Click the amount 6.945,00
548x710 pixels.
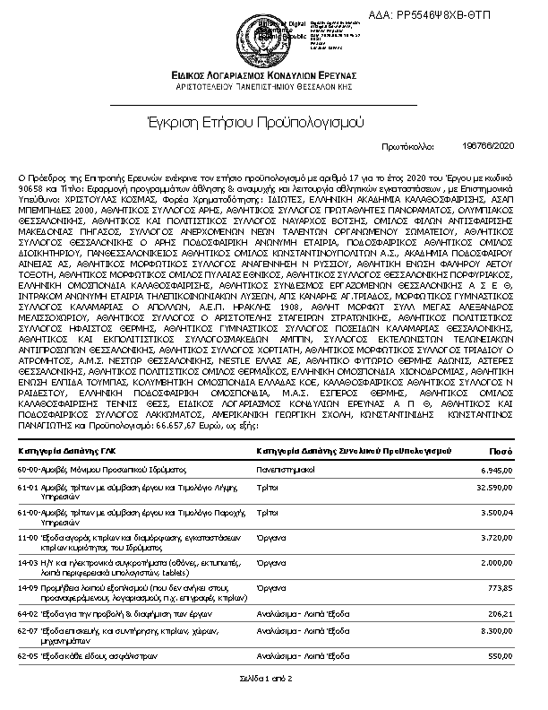[x=497, y=469]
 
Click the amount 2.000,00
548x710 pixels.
[x=497, y=562]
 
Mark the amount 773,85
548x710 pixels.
[x=501, y=587]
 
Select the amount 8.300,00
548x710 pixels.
[x=497, y=631]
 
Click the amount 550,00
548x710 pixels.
[x=501, y=656]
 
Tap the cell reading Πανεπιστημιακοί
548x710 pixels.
[x=287, y=469]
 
